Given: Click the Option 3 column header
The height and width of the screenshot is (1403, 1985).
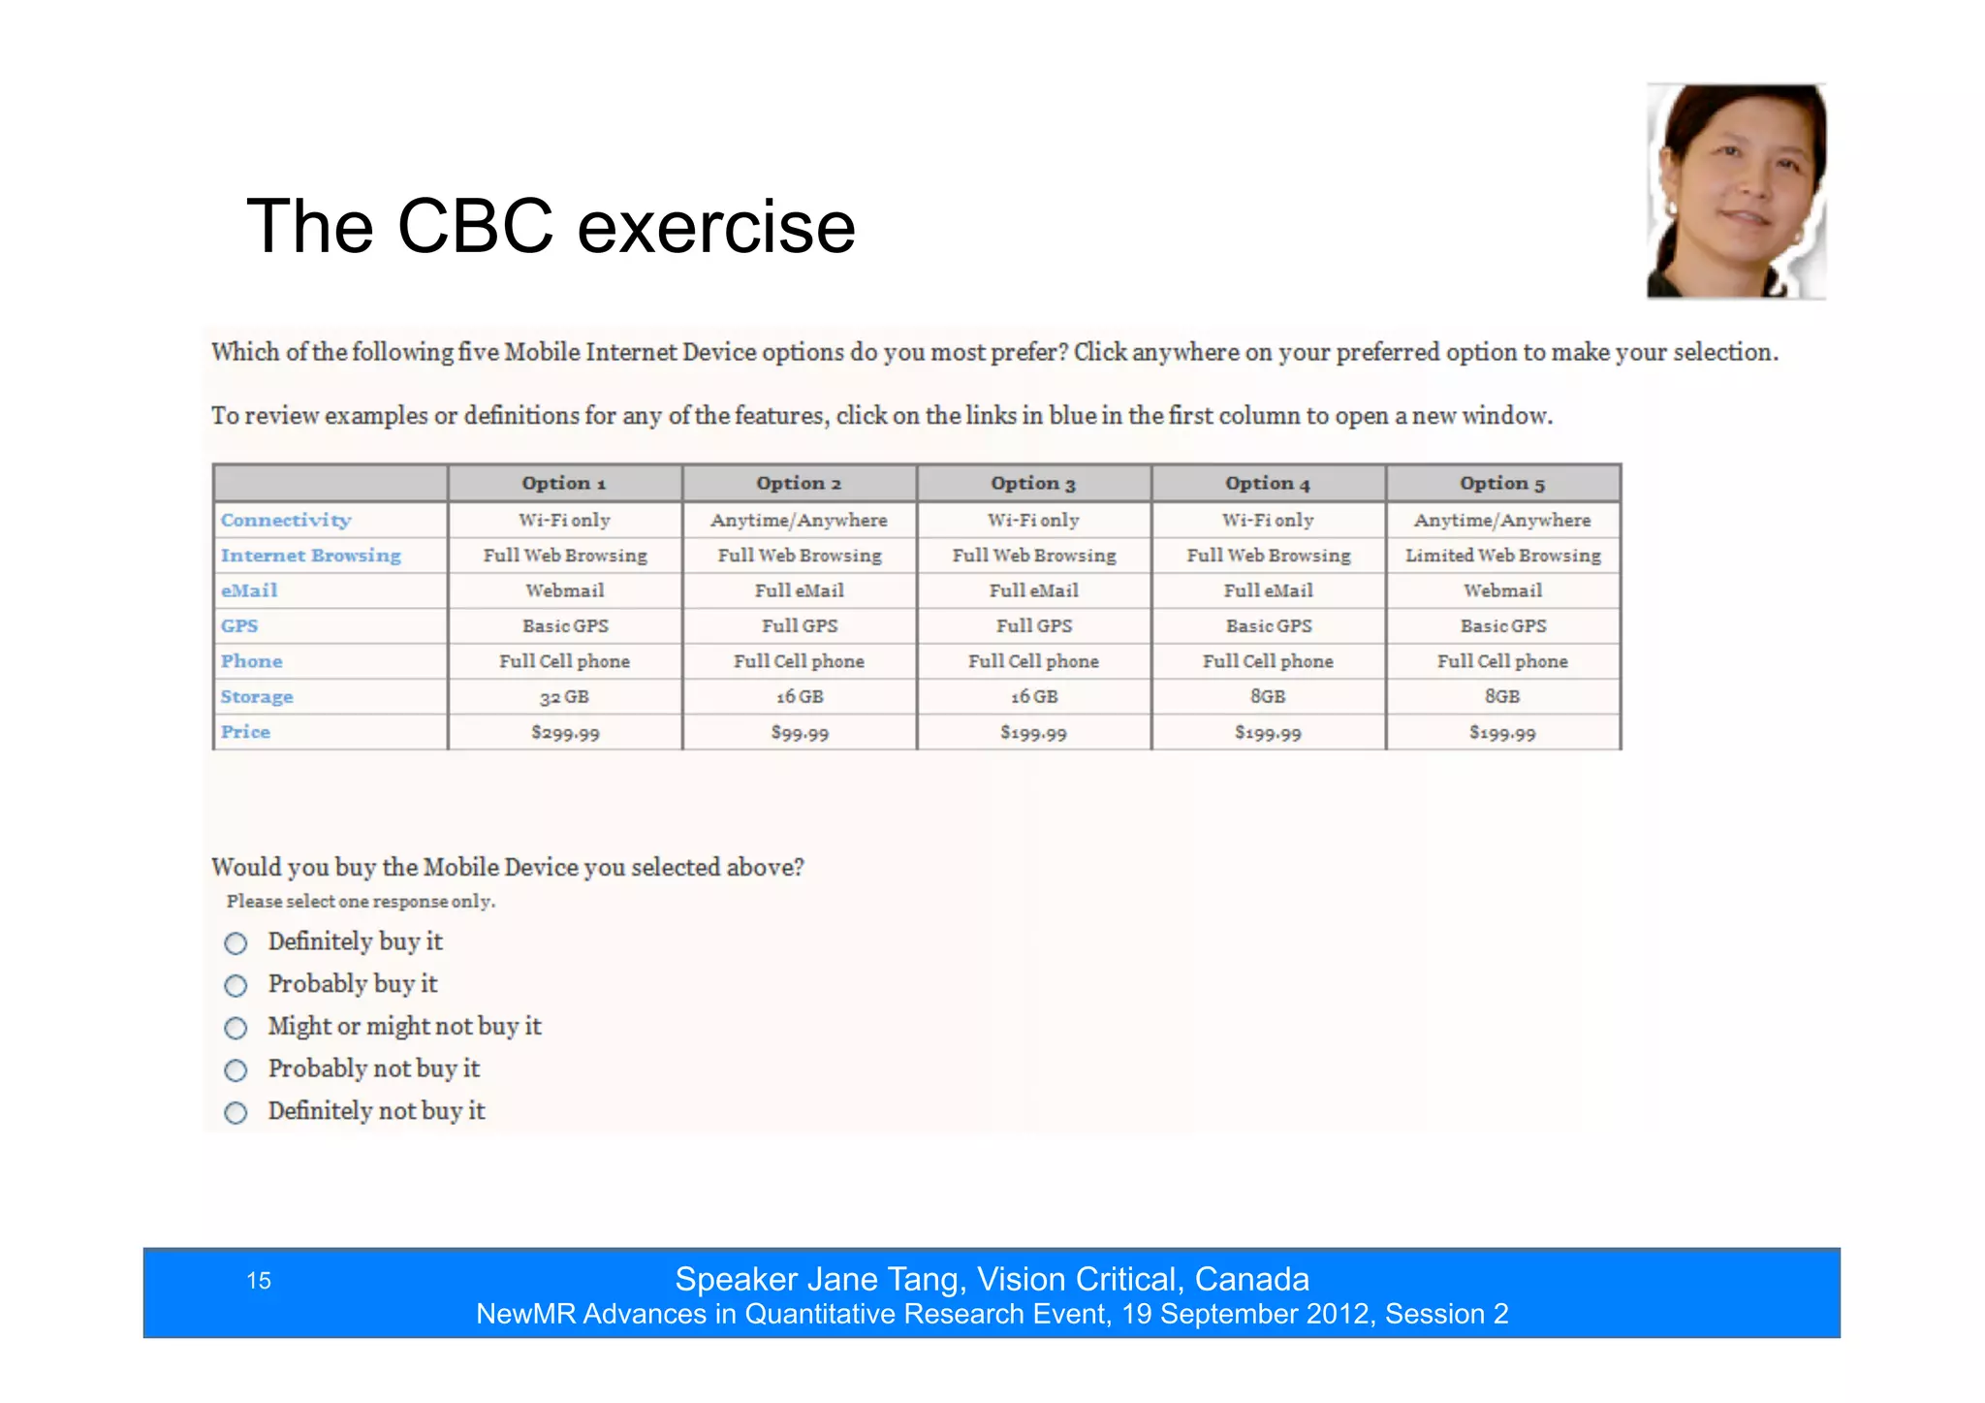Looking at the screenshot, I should coord(1033,483).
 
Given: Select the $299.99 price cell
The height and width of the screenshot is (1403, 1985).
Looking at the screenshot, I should coord(565,733).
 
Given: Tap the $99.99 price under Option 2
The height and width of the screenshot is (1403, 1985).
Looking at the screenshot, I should coord(800,733).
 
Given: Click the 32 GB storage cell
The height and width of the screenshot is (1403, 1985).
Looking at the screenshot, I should coord(565,697).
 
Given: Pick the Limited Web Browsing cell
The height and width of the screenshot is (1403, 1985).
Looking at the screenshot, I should coord(1502,556).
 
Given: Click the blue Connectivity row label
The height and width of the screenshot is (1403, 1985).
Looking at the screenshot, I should coord(286,521).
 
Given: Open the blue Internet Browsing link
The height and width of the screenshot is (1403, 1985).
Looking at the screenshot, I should coord(310,556).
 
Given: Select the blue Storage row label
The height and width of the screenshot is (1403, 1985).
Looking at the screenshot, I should coord(257,697).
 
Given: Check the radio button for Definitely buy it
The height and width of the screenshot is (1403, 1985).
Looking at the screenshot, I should coord(236,943).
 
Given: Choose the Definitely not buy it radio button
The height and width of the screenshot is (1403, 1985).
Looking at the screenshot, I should coord(236,1112).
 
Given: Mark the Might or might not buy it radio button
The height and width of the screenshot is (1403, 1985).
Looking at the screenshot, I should coord(236,1028).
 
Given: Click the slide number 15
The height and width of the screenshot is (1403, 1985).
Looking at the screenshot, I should coord(259,1281).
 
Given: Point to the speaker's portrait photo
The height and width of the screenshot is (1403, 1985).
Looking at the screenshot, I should coord(1736,191).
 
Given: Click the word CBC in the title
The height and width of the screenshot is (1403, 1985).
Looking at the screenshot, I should coord(475,227).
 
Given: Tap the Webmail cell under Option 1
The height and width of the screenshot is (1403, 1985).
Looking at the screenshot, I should coord(565,590).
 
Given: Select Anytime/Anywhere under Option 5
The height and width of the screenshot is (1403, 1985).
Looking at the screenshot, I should coord(1502,521).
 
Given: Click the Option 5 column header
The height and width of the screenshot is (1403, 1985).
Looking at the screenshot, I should coord(1502,483).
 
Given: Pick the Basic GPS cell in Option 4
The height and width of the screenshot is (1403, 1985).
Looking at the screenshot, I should coord(1268,626).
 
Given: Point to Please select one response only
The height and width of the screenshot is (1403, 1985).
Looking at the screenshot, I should coord(361,902).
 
